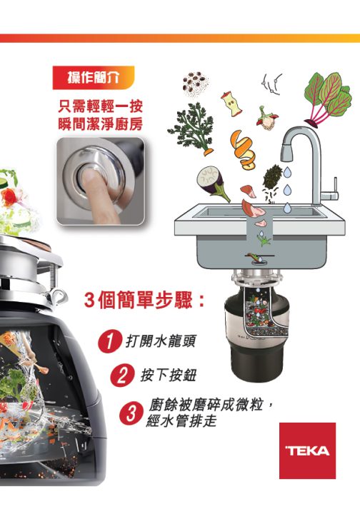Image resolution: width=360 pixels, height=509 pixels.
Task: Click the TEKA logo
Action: click(307, 450)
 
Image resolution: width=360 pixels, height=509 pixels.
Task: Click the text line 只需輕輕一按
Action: click(100, 108)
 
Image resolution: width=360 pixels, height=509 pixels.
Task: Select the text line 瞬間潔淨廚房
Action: click(100, 125)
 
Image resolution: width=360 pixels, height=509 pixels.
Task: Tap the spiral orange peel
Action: click(242, 146)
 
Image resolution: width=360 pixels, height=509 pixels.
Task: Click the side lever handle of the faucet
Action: click(331, 192)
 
